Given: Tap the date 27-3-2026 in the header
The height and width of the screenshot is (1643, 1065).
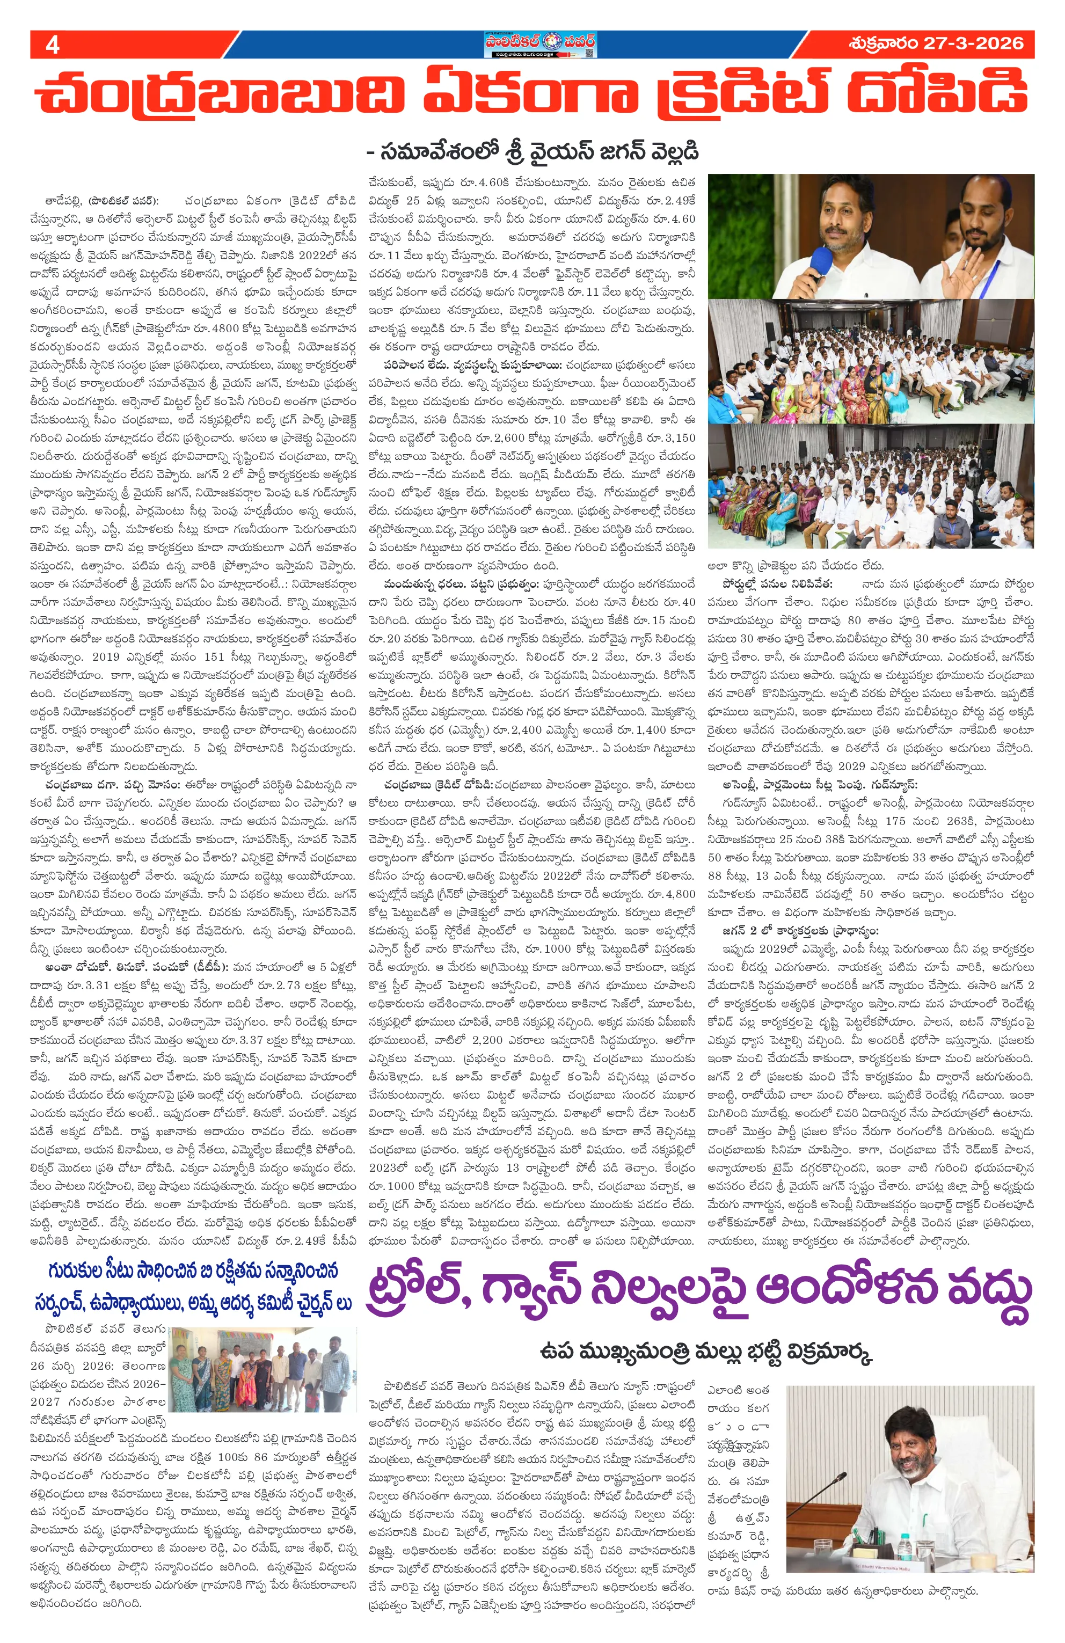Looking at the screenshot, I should [x=971, y=43].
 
